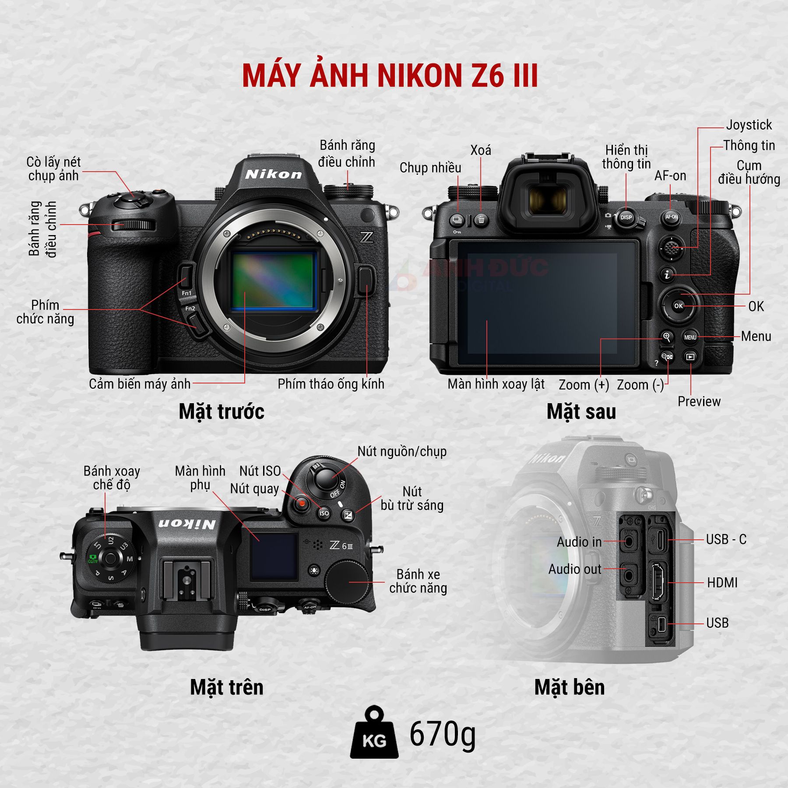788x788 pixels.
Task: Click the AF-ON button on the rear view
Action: pos(671,217)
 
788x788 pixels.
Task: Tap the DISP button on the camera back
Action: pos(626,218)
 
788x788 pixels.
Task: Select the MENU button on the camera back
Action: pos(690,337)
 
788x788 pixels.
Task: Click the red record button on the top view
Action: pos(302,503)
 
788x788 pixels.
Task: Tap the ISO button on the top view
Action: pos(324,513)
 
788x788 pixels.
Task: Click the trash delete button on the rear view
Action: pos(481,219)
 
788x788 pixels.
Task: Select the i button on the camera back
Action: pos(667,274)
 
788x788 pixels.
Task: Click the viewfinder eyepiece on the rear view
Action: pos(547,199)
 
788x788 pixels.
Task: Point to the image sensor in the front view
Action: pos(273,280)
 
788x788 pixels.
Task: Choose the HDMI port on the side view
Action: pos(657,582)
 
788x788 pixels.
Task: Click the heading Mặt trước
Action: pos(222,412)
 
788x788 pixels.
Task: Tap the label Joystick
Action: pos(749,125)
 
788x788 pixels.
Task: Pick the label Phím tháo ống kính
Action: pos(331,384)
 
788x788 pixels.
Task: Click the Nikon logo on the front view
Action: pos(274,174)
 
